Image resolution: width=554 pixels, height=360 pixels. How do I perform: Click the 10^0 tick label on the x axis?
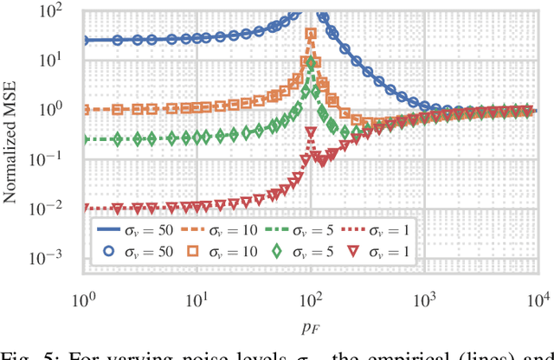point(84,299)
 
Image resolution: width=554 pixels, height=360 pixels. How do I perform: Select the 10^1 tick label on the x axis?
point(198,299)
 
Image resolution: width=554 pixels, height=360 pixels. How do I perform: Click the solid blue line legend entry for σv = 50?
point(113,230)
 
